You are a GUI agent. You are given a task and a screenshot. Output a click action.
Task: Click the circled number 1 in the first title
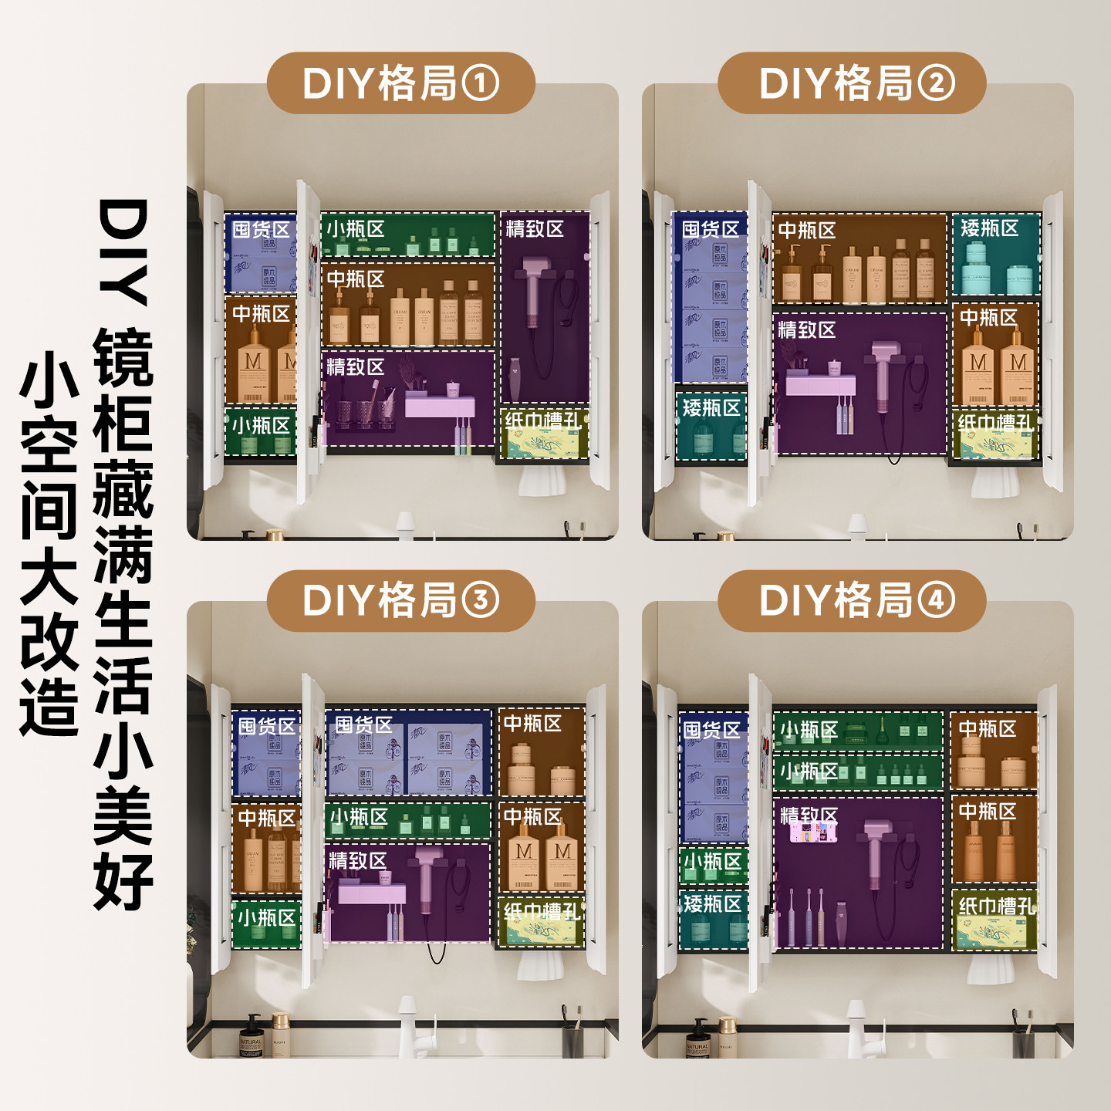pos(481,83)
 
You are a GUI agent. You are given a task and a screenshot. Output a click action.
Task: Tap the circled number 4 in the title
pos(936,601)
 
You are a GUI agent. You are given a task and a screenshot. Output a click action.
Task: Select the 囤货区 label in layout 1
pos(261,230)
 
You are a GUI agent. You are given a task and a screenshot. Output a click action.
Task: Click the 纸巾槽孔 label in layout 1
pos(543,421)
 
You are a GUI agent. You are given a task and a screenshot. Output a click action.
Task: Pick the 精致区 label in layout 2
pos(806,330)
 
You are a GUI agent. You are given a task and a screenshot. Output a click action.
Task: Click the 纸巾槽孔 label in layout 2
pos(995,423)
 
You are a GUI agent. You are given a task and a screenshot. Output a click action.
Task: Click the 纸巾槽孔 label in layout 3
pos(542,912)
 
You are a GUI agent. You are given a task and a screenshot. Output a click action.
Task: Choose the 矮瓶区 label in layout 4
pos(712,903)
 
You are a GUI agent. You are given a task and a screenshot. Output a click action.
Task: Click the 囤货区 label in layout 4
pos(711,730)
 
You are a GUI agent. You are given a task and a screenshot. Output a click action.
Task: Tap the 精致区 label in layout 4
pos(809,816)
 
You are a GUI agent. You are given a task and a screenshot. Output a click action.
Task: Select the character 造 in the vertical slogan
pos(49,707)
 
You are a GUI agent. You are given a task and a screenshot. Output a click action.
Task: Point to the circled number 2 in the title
pos(936,83)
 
